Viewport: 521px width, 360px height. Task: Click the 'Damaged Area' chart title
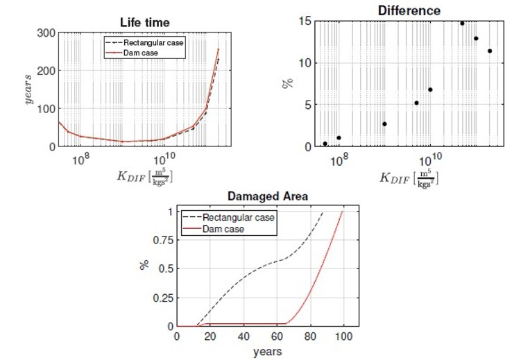[267, 197]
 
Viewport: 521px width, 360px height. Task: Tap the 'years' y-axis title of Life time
[30, 89]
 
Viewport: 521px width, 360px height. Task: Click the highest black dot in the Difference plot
[462, 23]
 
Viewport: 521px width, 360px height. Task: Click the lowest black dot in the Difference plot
[325, 144]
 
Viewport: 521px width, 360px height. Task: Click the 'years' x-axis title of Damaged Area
[267, 351]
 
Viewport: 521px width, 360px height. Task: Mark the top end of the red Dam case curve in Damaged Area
[343, 212]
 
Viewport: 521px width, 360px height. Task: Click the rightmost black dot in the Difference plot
[490, 51]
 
